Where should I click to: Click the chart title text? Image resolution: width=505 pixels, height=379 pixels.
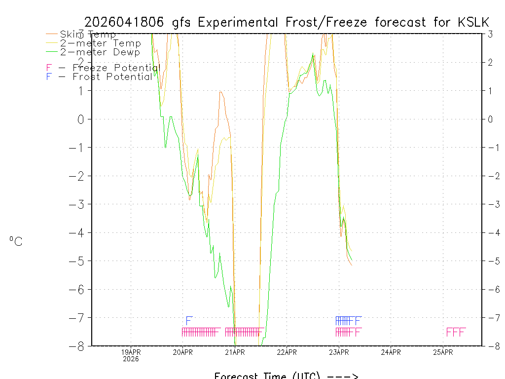pyautogui.click(x=287, y=22)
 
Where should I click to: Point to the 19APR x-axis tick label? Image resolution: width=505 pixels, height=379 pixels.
pyautogui.click(x=131, y=352)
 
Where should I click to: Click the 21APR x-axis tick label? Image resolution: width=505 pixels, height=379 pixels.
pyautogui.click(x=235, y=352)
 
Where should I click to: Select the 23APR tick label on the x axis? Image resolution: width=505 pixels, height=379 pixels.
pyautogui.click(x=339, y=352)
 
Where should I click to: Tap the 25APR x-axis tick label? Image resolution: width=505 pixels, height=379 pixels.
pyautogui.click(x=443, y=352)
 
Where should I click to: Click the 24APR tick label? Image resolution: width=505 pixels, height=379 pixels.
pyautogui.click(x=391, y=352)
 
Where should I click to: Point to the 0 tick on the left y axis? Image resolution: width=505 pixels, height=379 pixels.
pyautogui.click(x=81, y=119)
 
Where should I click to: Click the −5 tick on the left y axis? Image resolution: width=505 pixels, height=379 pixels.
pyautogui.click(x=79, y=261)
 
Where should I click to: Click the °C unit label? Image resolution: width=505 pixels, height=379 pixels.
pyautogui.click(x=16, y=241)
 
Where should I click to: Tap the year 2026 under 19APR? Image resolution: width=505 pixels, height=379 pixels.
pyautogui.click(x=131, y=359)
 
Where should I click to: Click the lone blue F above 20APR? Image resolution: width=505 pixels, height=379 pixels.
pyautogui.click(x=188, y=320)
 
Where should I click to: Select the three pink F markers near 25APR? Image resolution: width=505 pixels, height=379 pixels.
pyautogui.click(x=456, y=332)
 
